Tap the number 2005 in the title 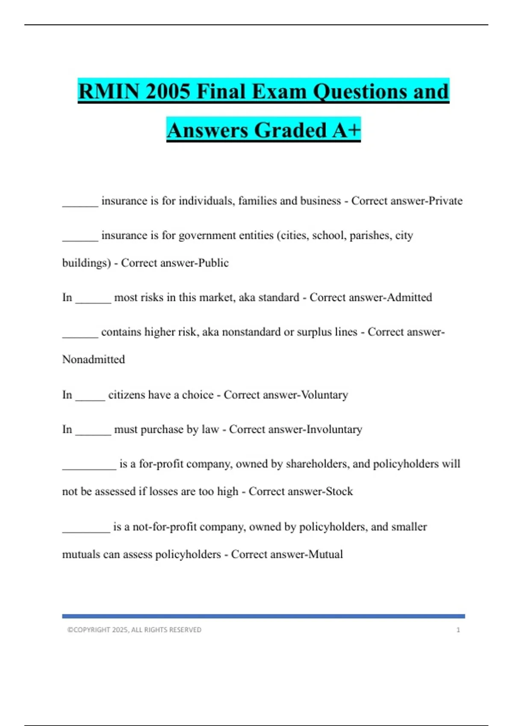click(x=168, y=91)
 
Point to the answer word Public click(x=213, y=263)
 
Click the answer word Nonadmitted click(x=94, y=359)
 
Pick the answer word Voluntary click(x=324, y=395)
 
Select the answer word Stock click(x=339, y=491)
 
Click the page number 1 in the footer click(x=458, y=630)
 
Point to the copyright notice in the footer click(x=134, y=630)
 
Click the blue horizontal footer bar click(x=263, y=616)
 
